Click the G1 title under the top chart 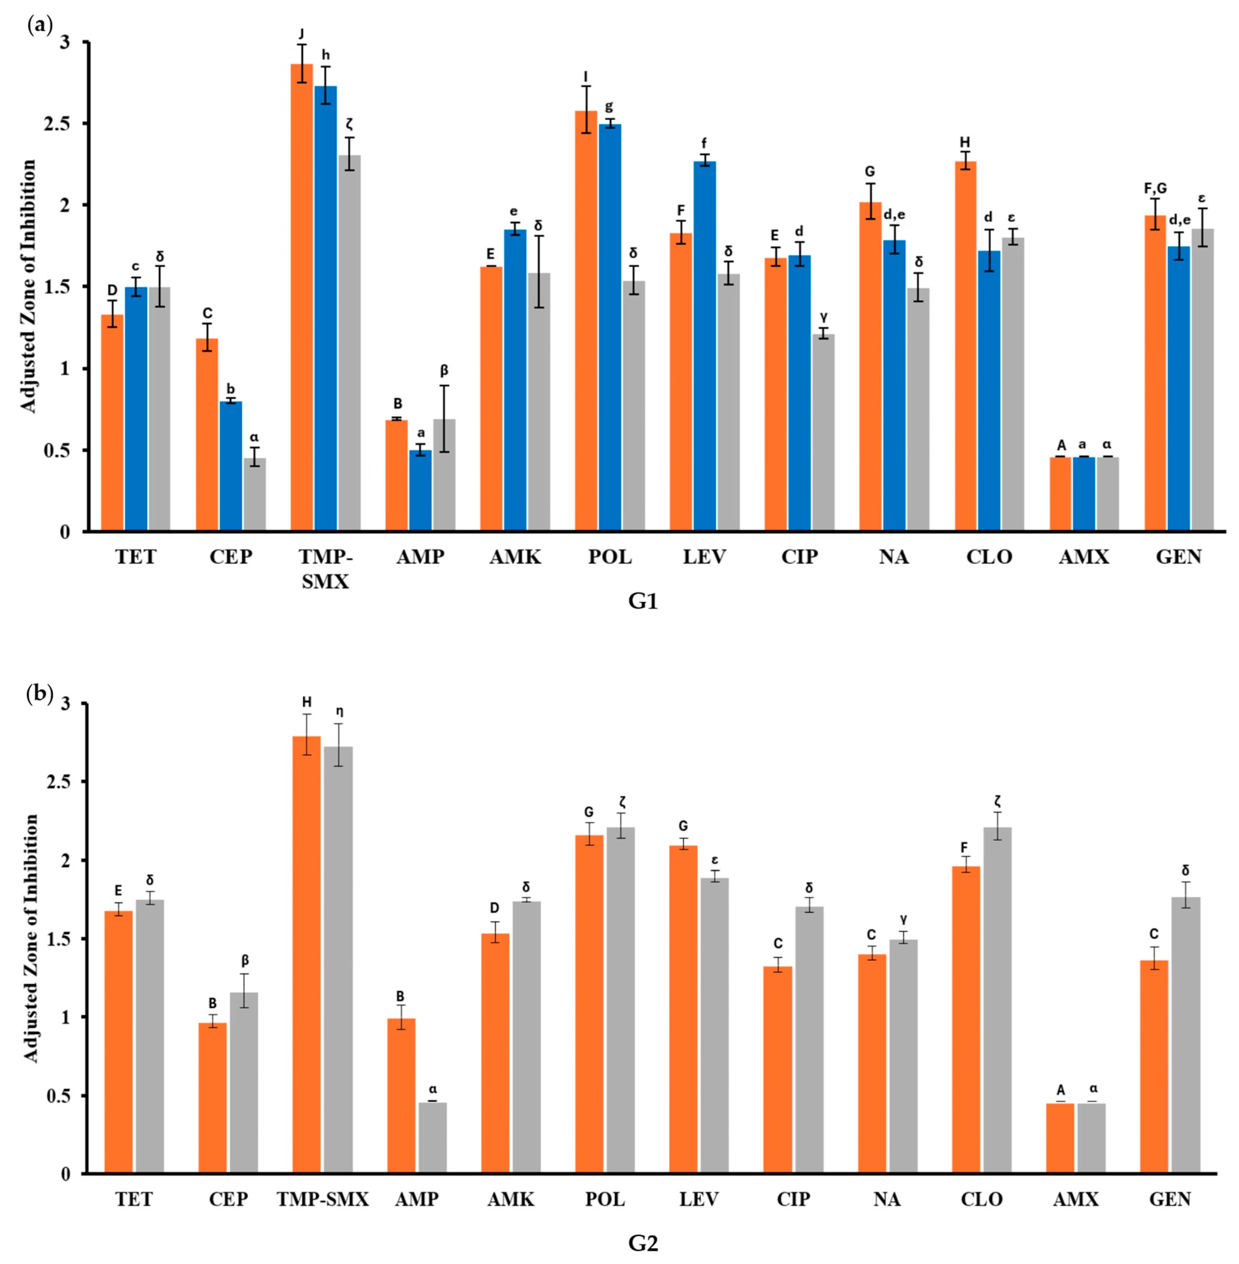coord(643,602)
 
